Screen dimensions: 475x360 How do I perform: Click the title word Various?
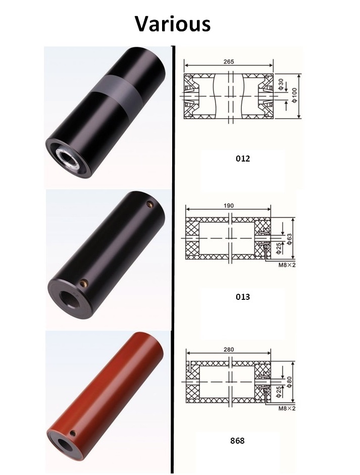172,24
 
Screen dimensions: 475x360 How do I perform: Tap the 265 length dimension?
228,62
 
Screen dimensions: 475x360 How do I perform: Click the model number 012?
243,158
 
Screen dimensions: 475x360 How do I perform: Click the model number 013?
243,297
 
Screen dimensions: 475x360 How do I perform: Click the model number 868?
236,441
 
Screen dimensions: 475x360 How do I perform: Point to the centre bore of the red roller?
65,444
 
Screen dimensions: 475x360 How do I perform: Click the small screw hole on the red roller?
74,433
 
